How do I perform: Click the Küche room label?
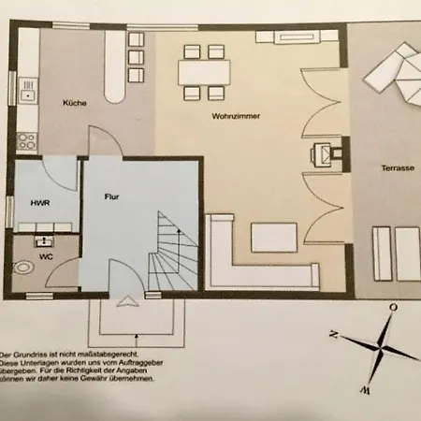tap(76, 104)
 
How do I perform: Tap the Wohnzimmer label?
tap(237, 115)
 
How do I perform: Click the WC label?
tap(44, 254)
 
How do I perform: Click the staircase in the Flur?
tap(177, 254)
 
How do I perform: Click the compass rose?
tap(379, 347)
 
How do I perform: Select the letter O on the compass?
tap(393, 306)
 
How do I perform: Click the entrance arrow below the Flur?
tap(125, 299)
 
